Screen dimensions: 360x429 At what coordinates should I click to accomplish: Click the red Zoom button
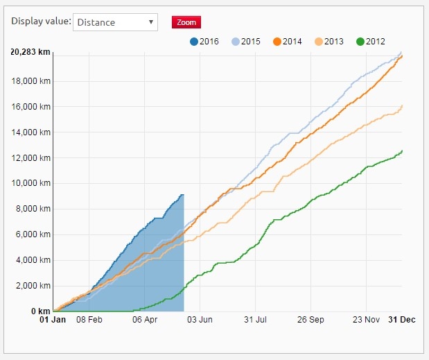point(186,22)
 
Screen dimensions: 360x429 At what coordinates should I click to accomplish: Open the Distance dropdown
point(115,22)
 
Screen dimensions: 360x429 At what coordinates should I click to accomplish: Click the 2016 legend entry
point(204,42)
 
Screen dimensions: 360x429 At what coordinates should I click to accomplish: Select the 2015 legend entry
point(245,42)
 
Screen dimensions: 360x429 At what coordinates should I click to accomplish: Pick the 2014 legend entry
point(287,42)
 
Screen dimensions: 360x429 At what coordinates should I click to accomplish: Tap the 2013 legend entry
point(329,42)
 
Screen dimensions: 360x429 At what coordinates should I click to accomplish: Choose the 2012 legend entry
point(370,42)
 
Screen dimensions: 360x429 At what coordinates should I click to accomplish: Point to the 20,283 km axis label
point(30,53)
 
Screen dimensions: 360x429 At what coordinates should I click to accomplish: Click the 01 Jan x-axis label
point(53,320)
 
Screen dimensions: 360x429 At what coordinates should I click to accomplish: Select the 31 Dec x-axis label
point(402,320)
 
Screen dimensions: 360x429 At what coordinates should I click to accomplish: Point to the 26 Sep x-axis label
point(310,320)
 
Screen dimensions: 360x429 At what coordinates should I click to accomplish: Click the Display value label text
point(41,22)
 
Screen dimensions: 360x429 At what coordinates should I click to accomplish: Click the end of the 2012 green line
point(402,151)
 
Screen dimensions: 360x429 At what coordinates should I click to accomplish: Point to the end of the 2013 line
point(402,105)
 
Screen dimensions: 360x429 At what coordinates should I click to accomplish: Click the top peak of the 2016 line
point(182,195)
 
